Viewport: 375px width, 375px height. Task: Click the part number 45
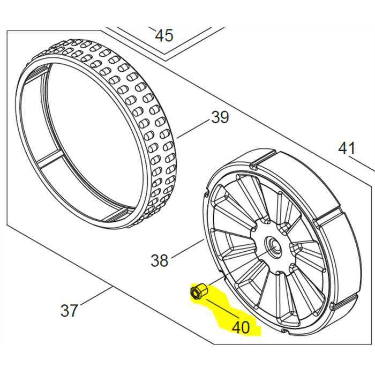pos(164,35)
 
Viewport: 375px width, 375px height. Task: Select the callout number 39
pos(220,117)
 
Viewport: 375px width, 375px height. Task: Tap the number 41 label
pos(347,147)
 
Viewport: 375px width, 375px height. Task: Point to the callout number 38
pos(160,260)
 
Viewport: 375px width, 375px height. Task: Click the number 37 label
pos(69,310)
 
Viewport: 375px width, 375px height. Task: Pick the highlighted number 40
pos(242,326)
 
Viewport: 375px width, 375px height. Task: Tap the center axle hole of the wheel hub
pos(274,246)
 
